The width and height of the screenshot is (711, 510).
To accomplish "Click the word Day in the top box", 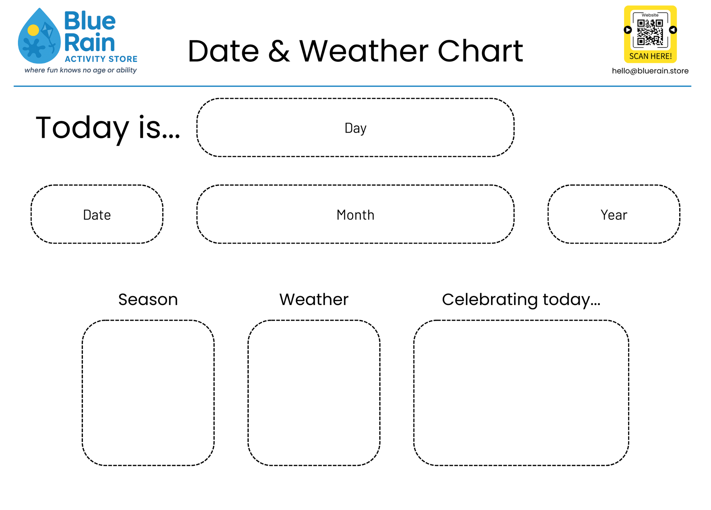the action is point(355,128).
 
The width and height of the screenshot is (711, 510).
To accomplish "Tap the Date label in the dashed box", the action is point(97,215).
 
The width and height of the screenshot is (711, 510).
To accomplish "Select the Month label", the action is point(355,215).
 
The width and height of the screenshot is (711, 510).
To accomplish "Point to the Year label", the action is point(614,215).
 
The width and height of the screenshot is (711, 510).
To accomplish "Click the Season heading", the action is point(148,300).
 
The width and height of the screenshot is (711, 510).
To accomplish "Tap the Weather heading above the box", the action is point(314,300).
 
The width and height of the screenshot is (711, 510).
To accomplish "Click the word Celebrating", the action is point(490,300).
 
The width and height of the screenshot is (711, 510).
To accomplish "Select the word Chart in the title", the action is point(480,51).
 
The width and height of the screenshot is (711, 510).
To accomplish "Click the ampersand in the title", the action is point(279,51).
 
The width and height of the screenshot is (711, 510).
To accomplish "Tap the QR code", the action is point(650,32).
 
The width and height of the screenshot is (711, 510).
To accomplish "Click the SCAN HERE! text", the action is point(650,56).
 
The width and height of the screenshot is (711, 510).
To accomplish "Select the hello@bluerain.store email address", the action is point(650,71).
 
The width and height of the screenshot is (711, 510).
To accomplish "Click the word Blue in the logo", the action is point(90,21).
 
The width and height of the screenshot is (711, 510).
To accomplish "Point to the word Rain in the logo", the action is point(90,42).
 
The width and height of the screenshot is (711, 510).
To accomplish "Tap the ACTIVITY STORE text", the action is point(101,59).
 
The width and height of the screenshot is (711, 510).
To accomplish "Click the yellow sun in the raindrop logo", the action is point(33,30).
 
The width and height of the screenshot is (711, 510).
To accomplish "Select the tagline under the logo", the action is point(80,70).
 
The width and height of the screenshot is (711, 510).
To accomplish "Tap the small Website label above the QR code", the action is point(650,15).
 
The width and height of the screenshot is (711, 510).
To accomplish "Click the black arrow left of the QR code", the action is point(628,30).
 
